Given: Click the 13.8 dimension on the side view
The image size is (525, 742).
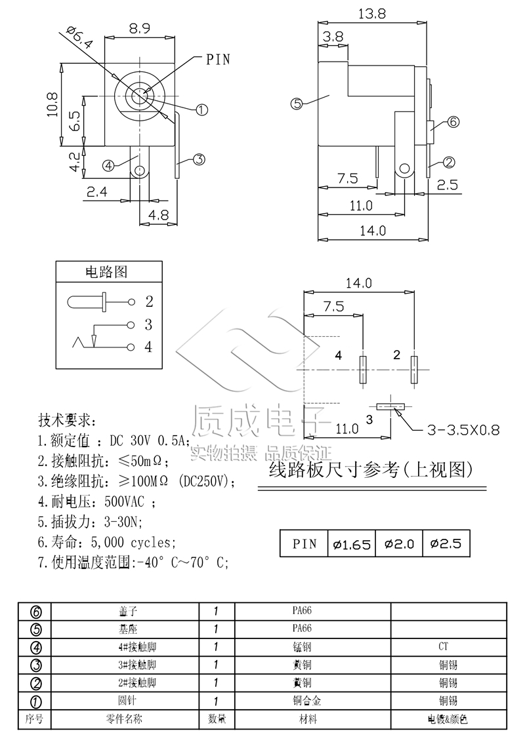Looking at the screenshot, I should pyautogui.click(x=371, y=13).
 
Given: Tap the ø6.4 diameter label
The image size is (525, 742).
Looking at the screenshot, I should pyautogui.click(x=80, y=40).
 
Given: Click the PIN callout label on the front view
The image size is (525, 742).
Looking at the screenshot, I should pyautogui.click(x=219, y=59).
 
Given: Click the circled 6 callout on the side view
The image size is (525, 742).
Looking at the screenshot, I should pyautogui.click(x=453, y=122).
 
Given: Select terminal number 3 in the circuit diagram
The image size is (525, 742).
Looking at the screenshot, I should pyautogui.click(x=148, y=324).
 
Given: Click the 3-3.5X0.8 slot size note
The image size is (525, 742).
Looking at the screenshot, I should pyautogui.click(x=463, y=430).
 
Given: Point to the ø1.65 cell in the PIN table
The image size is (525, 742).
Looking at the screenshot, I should pyautogui.click(x=352, y=543).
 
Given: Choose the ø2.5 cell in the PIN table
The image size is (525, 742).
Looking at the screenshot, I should pyautogui.click(x=446, y=543).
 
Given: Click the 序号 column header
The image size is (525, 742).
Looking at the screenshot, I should pyautogui.click(x=34, y=719).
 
